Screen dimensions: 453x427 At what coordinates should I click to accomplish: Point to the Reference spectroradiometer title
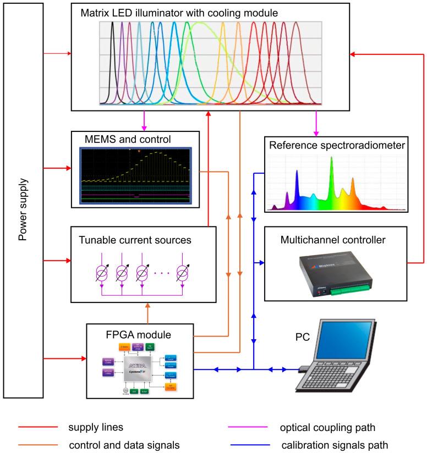pos(336,145)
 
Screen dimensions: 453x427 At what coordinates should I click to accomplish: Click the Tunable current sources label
pos(142,240)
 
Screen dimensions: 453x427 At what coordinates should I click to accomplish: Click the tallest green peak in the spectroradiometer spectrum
pos(331,176)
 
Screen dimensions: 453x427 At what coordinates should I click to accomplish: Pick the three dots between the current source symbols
pos(160,273)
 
